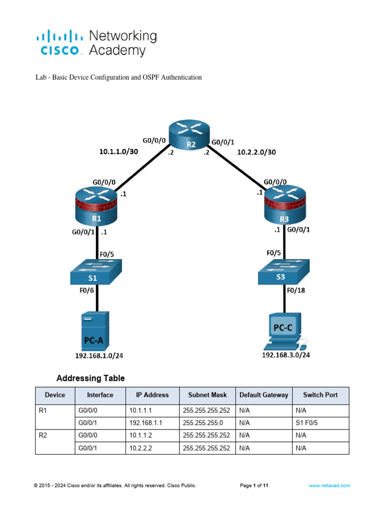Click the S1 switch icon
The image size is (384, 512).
[96, 272]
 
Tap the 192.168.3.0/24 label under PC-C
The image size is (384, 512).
[285, 355]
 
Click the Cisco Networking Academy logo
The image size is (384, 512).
[96, 43]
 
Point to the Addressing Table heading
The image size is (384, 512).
[90, 378]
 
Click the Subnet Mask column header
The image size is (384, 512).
[207, 395]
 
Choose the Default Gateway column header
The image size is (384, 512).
[263, 395]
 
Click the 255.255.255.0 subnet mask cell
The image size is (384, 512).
[203, 422]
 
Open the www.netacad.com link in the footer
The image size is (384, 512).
[329, 485]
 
